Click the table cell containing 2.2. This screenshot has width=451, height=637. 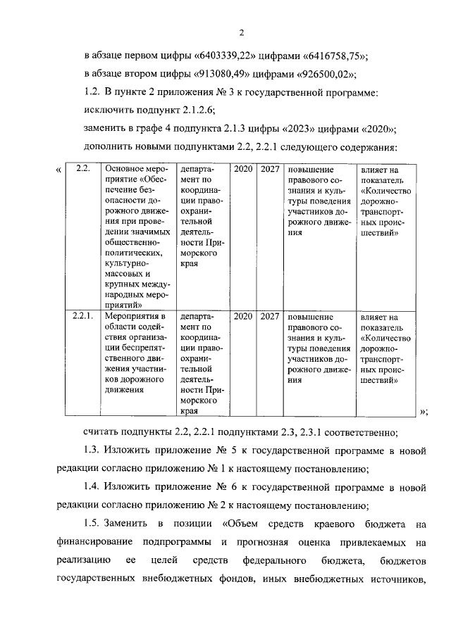[x=82, y=170]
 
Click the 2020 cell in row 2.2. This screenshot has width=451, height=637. [x=243, y=170]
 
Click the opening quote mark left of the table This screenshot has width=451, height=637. [x=57, y=171]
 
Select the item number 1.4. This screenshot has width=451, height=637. [x=92, y=486]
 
